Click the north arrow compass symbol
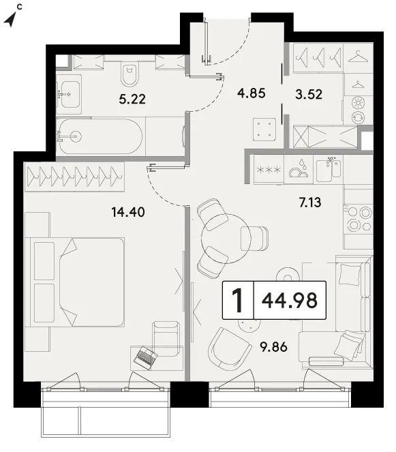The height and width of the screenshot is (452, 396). [10, 20]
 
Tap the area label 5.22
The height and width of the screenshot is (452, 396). [132, 100]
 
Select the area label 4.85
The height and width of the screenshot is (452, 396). [252, 93]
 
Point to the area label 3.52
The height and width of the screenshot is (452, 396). [309, 94]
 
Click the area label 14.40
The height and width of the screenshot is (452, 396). [128, 213]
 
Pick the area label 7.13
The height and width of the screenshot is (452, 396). [310, 202]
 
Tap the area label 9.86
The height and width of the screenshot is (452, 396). [274, 347]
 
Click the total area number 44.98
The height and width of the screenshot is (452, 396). [290, 300]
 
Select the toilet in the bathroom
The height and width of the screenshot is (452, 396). [129, 74]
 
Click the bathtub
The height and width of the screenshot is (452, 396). [99, 136]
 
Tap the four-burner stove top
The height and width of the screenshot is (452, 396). [359, 219]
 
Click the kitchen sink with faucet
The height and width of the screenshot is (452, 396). [328, 169]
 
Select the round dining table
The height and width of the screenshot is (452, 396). [226, 239]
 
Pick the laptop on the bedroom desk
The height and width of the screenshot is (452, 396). [146, 359]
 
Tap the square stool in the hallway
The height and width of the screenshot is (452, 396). [264, 129]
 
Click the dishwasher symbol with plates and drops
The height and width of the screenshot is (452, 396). [299, 169]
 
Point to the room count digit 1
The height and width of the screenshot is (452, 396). [238, 300]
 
